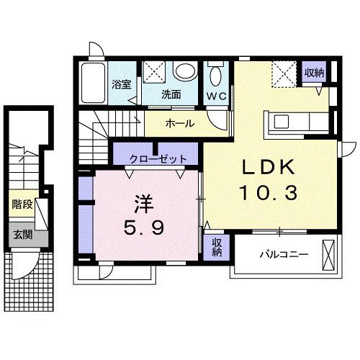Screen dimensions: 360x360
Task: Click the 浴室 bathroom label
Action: point(122,84)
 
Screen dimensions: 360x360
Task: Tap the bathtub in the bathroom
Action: point(93,83)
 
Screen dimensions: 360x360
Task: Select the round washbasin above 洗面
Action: point(185,71)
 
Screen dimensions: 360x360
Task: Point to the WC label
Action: point(217,96)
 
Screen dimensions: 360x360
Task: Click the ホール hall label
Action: point(179,124)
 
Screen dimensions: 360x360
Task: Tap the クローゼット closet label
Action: point(158,158)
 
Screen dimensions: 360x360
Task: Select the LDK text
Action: point(269,168)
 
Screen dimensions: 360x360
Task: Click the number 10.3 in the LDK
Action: point(269,194)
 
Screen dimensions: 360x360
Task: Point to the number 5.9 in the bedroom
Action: point(144,228)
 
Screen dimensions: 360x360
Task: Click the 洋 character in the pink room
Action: point(144,204)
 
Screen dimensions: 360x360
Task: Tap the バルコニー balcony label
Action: point(284,254)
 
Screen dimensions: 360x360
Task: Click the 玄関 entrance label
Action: point(23,234)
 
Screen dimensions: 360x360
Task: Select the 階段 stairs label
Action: point(22,204)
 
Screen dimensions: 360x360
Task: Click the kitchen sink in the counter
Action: point(282,122)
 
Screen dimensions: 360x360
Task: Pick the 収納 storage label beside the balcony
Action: point(216,247)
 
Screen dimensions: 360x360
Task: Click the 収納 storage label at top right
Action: point(315,73)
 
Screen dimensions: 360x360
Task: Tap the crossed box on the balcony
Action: point(328,255)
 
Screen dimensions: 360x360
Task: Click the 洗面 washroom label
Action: point(171,95)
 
